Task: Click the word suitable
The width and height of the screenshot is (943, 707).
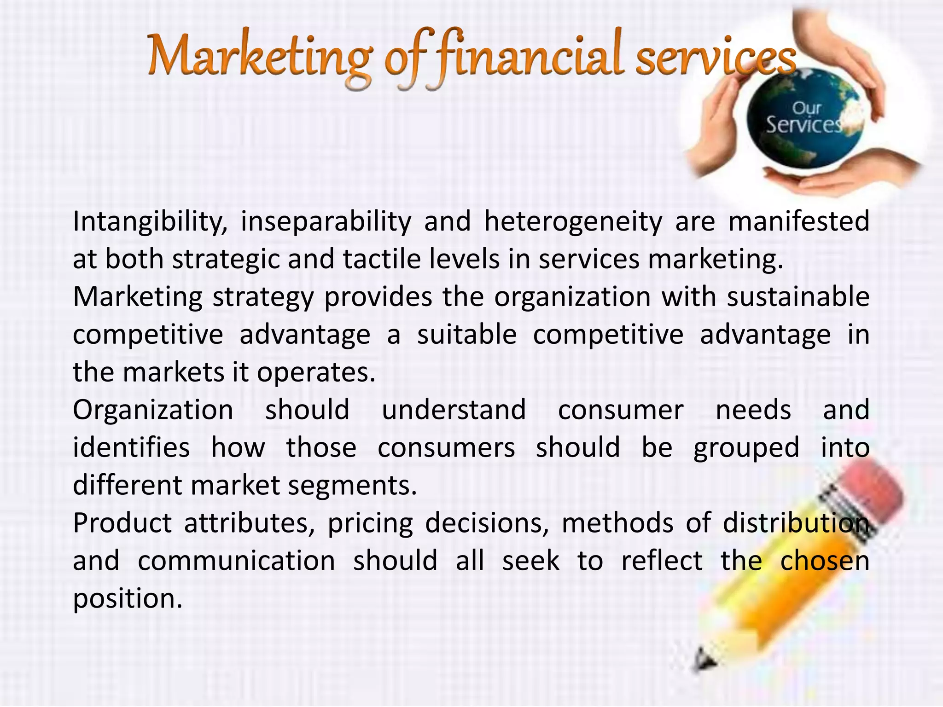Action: coord(466,335)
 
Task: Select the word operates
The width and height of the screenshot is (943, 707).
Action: coord(316,372)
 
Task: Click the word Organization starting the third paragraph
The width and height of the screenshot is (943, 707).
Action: coord(153,410)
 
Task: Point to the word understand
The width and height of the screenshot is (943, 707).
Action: coord(454,410)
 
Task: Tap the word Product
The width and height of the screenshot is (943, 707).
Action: coord(122,523)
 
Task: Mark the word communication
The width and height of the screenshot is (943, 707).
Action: coord(236,561)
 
